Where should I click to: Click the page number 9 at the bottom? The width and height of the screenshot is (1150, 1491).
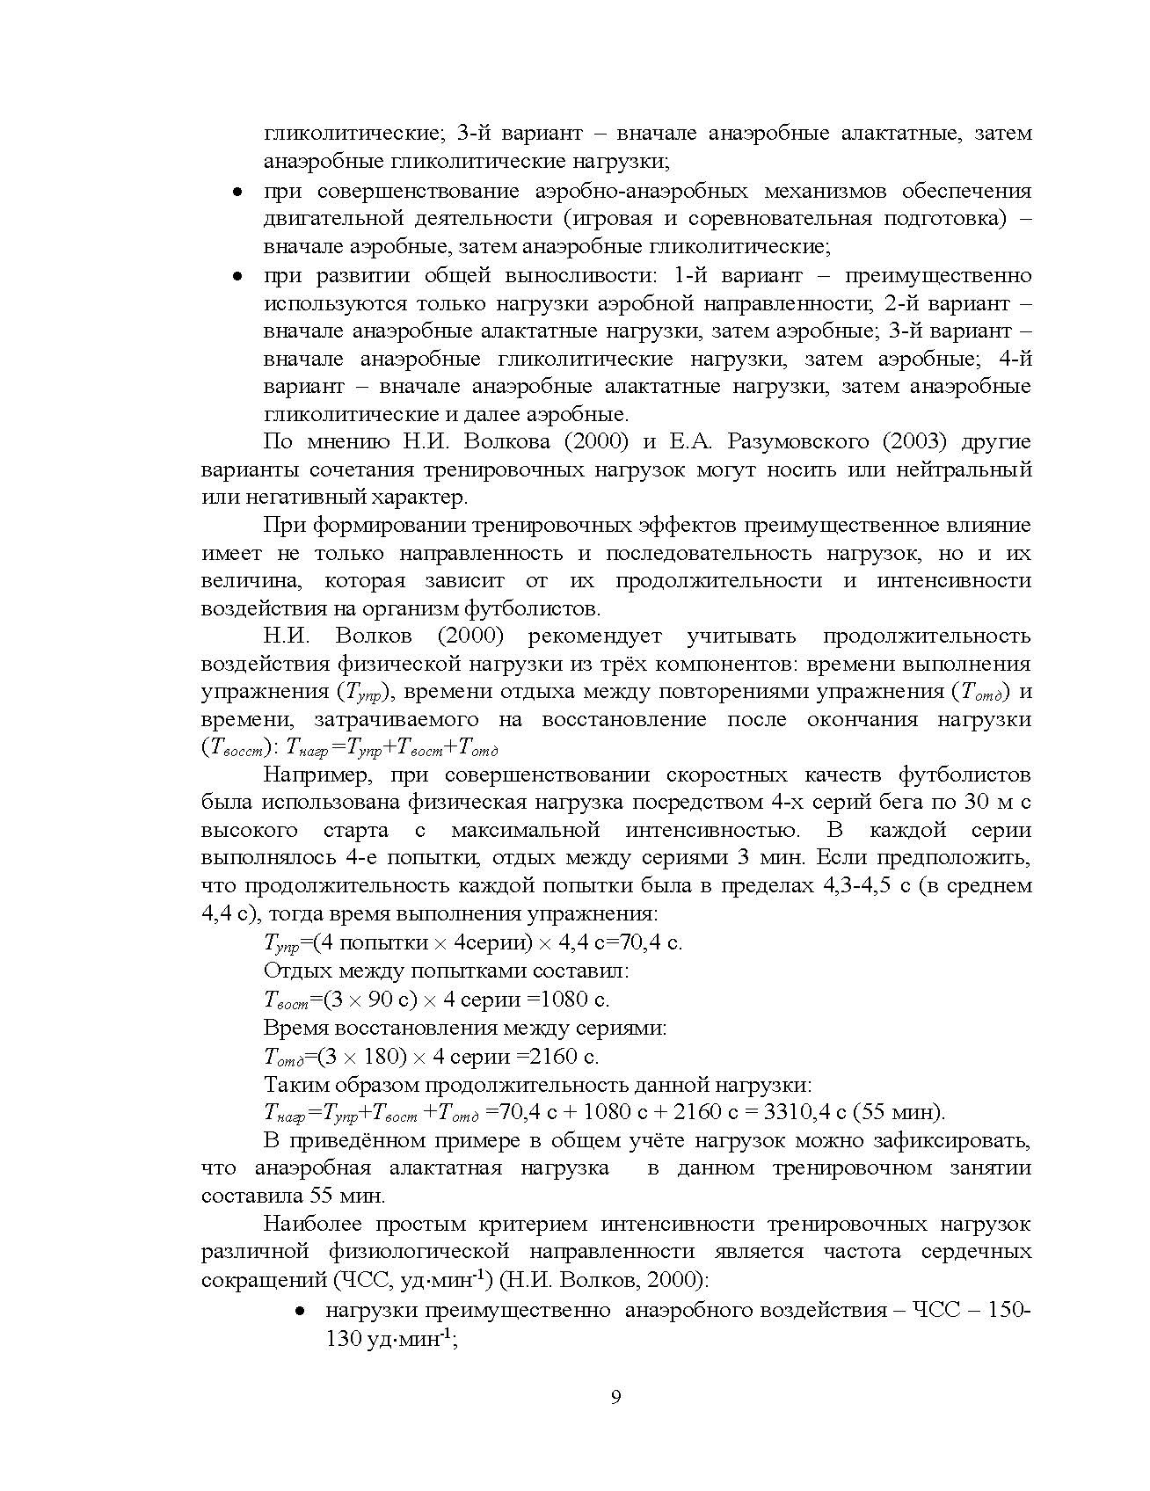[x=615, y=1398]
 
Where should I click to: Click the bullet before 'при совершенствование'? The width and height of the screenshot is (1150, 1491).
[x=237, y=192]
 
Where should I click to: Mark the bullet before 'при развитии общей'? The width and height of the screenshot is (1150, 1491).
[x=237, y=276]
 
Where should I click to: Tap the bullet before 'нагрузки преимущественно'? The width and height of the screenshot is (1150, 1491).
[x=300, y=1311]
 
